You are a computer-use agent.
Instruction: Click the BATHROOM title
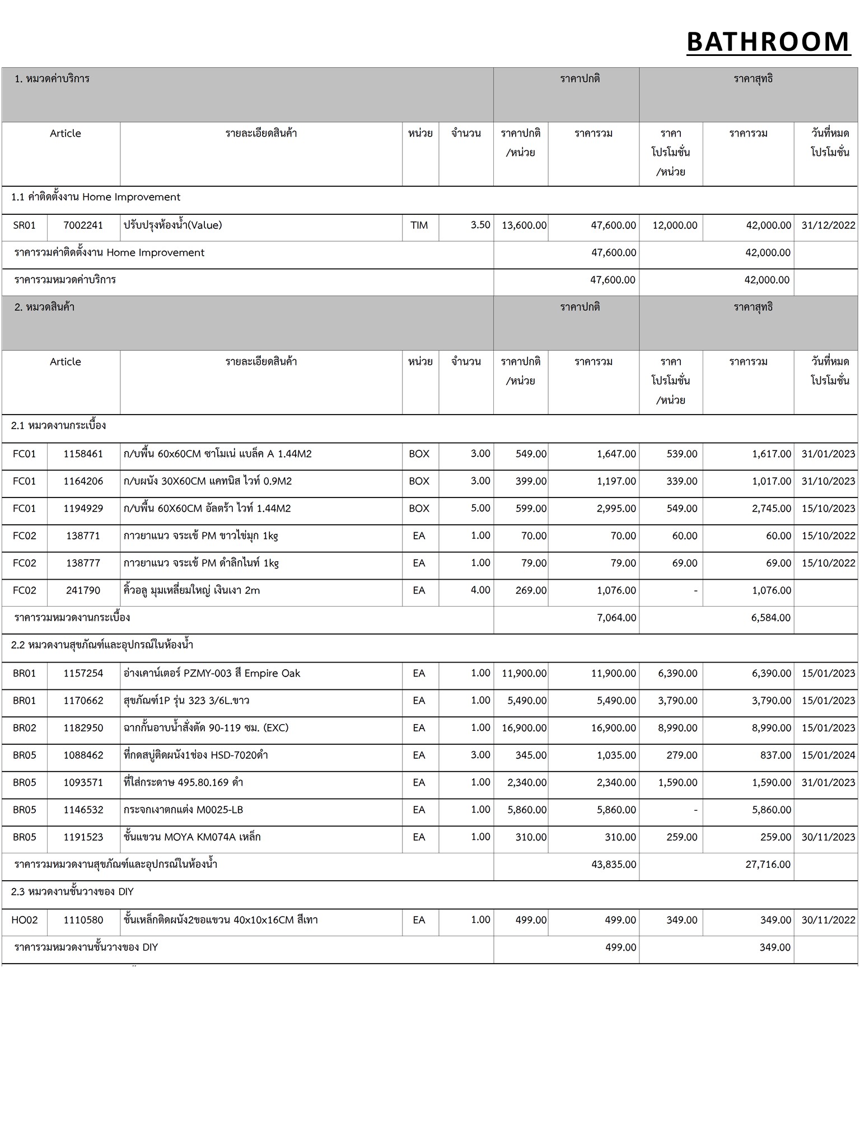pyautogui.click(x=768, y=42)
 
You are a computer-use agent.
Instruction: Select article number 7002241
pyautogui.click(x=83, y=226)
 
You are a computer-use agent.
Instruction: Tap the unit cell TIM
pyautogui.click(x=419, y=226)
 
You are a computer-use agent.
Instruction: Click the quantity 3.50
pyautogui.click(x=480, y=225)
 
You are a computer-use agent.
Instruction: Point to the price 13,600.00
pyautogui.click(x=524, y=226)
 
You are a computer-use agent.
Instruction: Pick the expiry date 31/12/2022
pyautogui.click(x=828, y=226)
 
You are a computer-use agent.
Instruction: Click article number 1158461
pyautogui.click(x=83, y=454)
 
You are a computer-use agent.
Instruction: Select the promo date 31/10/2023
pyautogui.click(x=828, y=481)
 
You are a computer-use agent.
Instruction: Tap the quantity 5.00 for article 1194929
pyautogui.click(x=480, y=508)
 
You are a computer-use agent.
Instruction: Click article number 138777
pyautogui.click(x=83, y=563)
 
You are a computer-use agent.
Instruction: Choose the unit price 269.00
pyautogui.click(x=531, y=590)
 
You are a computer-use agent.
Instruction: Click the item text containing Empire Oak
pyautogui.click(x=212, y=673)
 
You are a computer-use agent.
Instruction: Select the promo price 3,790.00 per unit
pyautogui.click(x=677, y=701)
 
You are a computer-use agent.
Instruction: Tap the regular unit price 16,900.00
pyautogui.click(x=524, y=728)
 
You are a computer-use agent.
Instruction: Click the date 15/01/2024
pyautogui.click(x=828, y=755)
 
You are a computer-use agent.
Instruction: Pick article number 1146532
pyautogui.click(x=83, y=810)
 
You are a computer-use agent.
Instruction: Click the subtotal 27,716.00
pyautogui.click(x=768, y=865)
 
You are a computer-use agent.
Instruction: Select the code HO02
pyautogui.click(x=25, y=920)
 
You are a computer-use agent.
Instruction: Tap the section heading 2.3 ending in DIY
pyautogui.click(x=72, y=892)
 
